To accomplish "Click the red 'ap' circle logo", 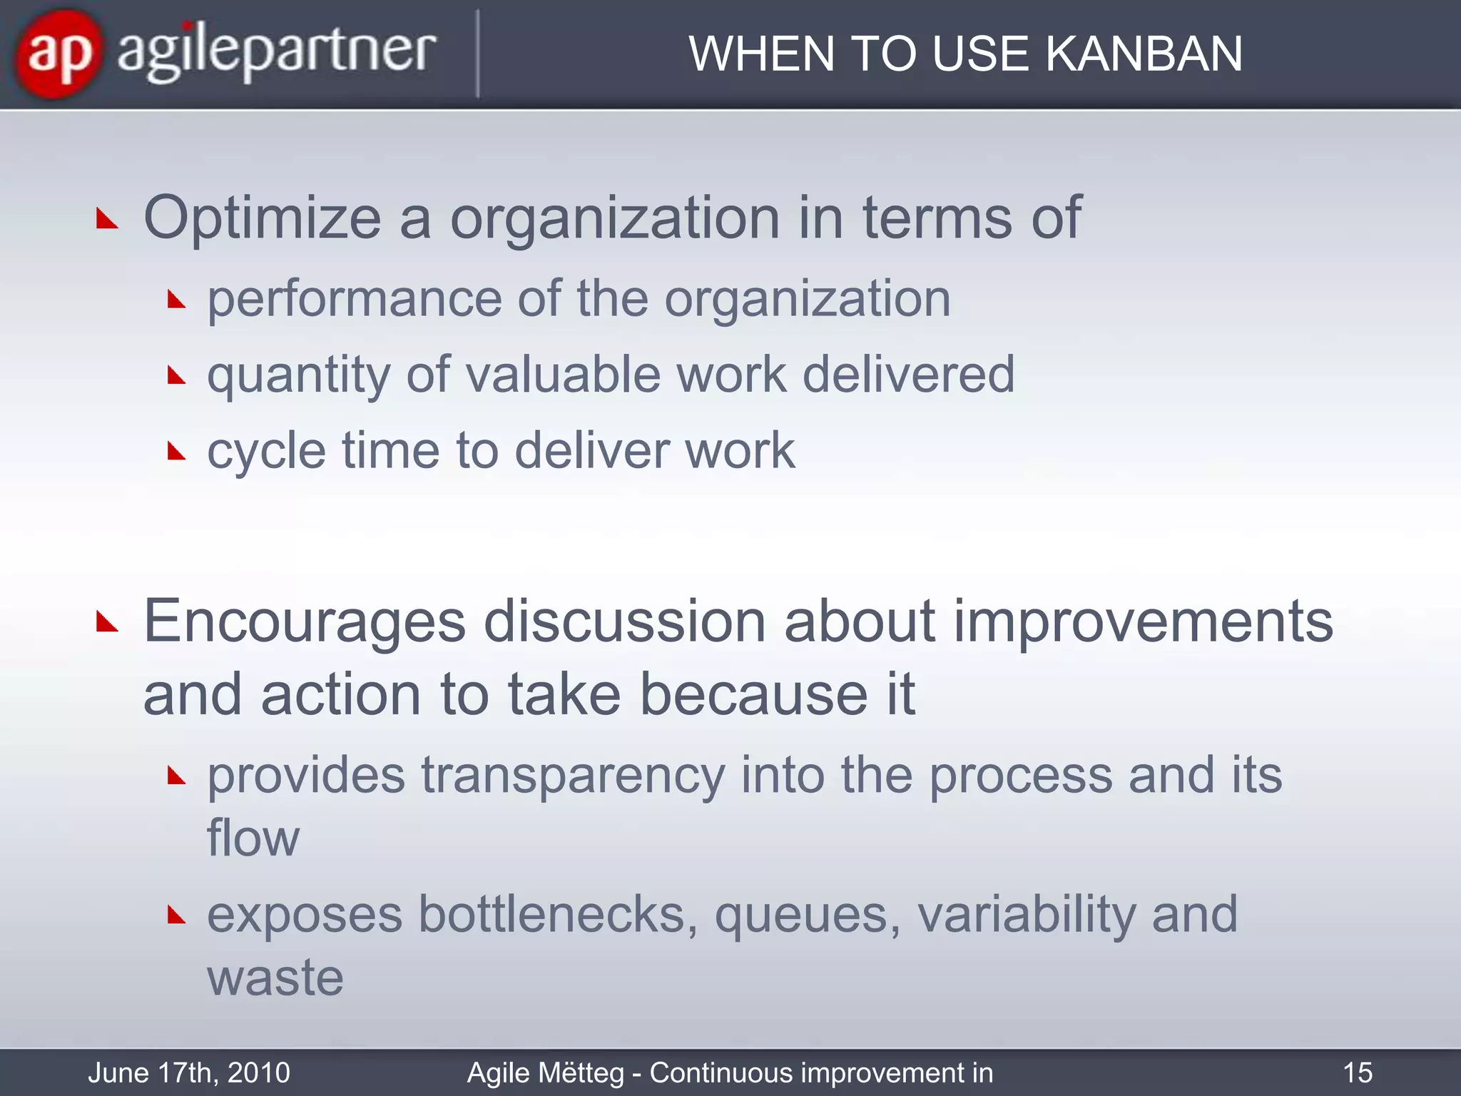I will (58, 54).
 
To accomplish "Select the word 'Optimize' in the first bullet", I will (263, 218).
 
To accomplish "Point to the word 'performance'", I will (355, 299).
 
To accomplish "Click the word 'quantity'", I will (298, 375).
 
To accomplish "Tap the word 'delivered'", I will (908, 374).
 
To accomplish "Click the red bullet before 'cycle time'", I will (176, 451).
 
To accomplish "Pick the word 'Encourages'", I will (305, 621).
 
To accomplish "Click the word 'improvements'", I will (1143, 621).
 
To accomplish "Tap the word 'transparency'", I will (573, 776).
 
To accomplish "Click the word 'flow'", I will (253, 838).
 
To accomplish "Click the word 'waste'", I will (275, 978).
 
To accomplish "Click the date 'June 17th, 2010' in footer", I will (189, 1072).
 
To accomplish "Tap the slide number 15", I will (1357, 1072).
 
